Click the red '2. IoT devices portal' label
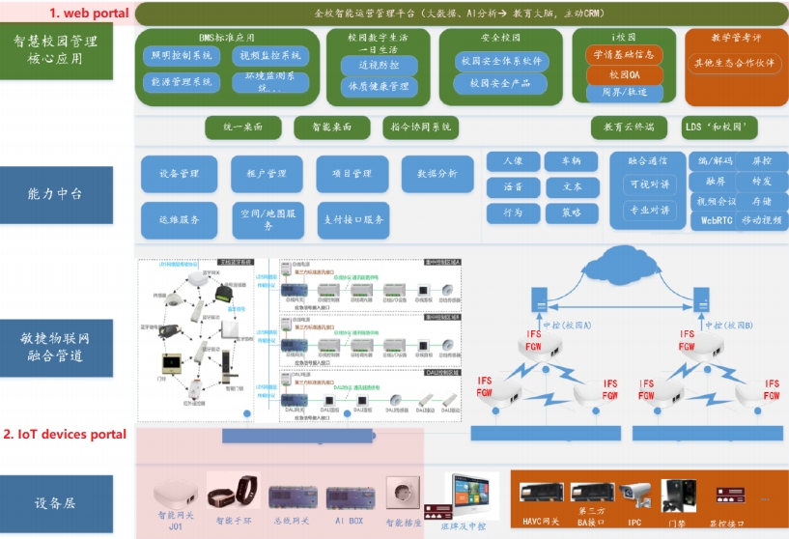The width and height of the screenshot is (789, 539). click(65, 434)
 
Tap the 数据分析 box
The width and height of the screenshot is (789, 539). click(437, 174)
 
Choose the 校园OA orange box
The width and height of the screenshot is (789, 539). click(625, 74)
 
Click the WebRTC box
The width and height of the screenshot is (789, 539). click(714, 220)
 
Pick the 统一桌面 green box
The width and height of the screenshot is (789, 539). click(242, 127)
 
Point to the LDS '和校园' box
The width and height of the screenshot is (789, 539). click(719, 127)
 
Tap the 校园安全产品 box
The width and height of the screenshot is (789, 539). click(500, 84)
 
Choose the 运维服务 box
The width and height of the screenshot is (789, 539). click(178, 220)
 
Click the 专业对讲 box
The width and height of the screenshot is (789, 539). click(649, 210)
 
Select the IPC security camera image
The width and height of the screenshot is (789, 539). click(634, 496)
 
